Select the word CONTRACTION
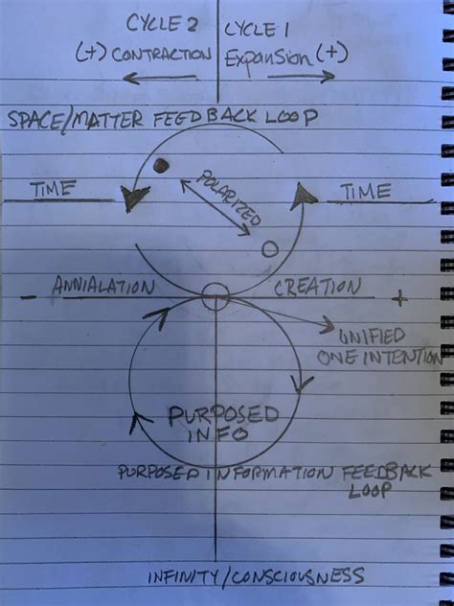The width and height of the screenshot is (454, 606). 158,54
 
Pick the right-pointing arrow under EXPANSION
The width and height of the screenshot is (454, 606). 301,76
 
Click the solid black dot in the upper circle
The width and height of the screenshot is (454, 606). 161,166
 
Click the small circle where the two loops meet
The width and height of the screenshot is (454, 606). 216,294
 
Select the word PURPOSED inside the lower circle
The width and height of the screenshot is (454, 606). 223,415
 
